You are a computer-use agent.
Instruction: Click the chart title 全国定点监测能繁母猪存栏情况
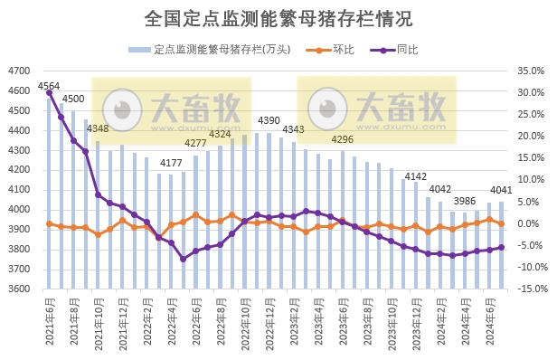278,19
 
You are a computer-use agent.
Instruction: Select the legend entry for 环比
344,50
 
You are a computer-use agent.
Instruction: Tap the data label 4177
171,163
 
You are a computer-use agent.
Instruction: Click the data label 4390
269,120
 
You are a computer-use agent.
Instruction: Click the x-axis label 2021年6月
50,324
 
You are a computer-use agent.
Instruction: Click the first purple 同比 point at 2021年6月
49,93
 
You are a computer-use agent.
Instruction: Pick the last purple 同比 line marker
502,248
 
